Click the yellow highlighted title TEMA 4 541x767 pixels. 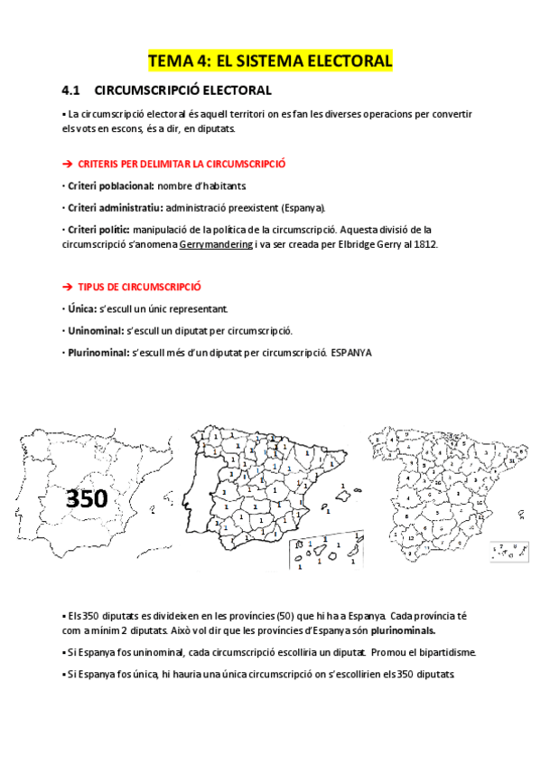[x=270, y=62]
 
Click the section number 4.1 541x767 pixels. [x=71, y=90]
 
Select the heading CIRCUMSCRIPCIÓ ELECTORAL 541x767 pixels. [x=182, y=90]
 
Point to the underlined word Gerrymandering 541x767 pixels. [x=216, y=244]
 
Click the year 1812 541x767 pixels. [x=422, y=244]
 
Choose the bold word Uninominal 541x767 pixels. [x=93, y=330]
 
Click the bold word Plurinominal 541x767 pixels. [x=97, y=352]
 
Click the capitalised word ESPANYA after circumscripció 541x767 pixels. [x=351, y=352]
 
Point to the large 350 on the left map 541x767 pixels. [x=87, y=497]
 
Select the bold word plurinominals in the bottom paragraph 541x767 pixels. [x=395, y=630]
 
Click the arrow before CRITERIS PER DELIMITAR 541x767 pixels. [x=67, y=164]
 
